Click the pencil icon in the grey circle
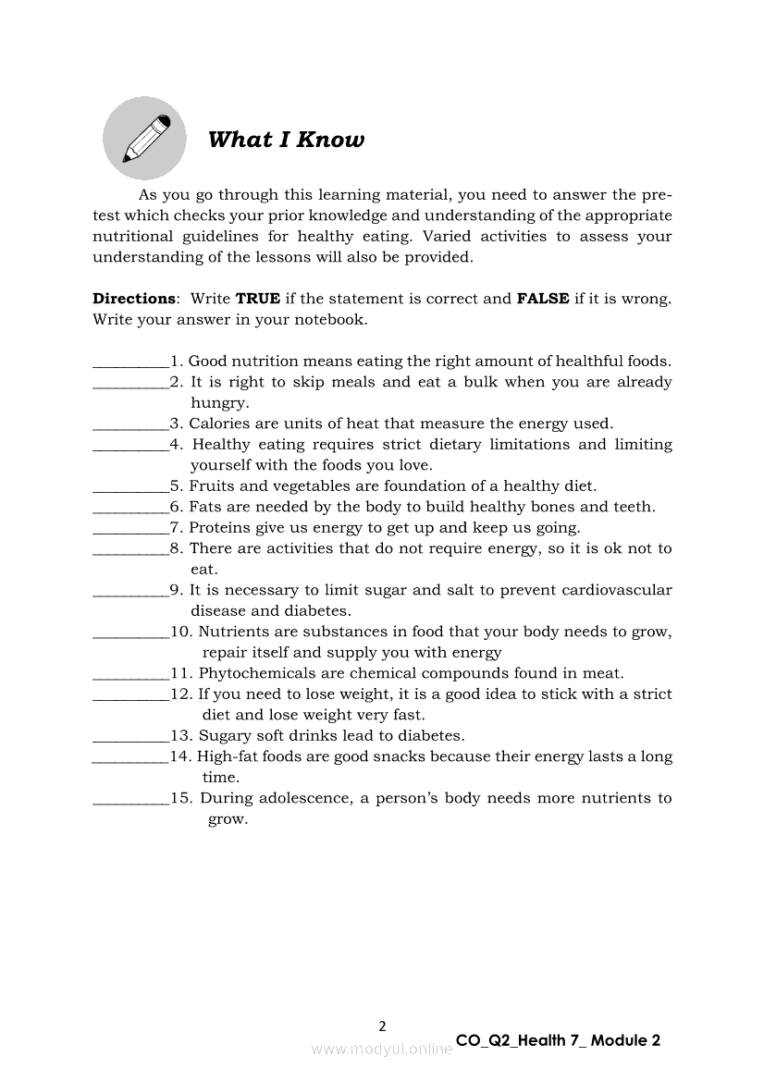click(x=145, y=139)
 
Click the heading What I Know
click(x=286, y=140)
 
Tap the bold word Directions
click(x=134, y=299)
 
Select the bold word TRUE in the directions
click(x=258, y=299)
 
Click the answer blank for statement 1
click(x=130, y=362)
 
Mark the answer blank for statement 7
click(x=130, y=529)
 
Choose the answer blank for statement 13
click(x=130, y=737)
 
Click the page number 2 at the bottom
click(x=383, y=1026)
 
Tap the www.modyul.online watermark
click(x=382, y=1049)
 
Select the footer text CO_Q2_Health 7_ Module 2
click(x=558, y=1040)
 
